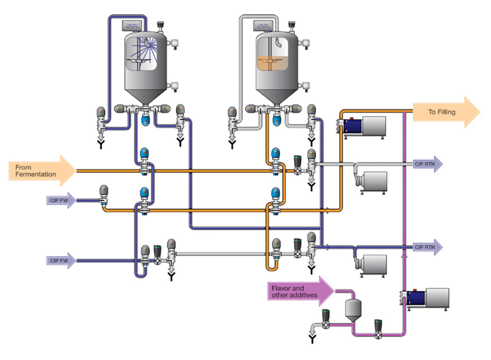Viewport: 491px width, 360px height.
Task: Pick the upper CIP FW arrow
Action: tap(61, 200)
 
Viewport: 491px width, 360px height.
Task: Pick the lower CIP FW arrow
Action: tap(61, 260)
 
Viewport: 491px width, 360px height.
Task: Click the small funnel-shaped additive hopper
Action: tap(351, 309)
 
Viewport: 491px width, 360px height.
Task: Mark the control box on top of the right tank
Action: tap(265, 26)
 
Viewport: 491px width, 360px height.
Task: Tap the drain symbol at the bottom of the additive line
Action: tap(313, 339)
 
